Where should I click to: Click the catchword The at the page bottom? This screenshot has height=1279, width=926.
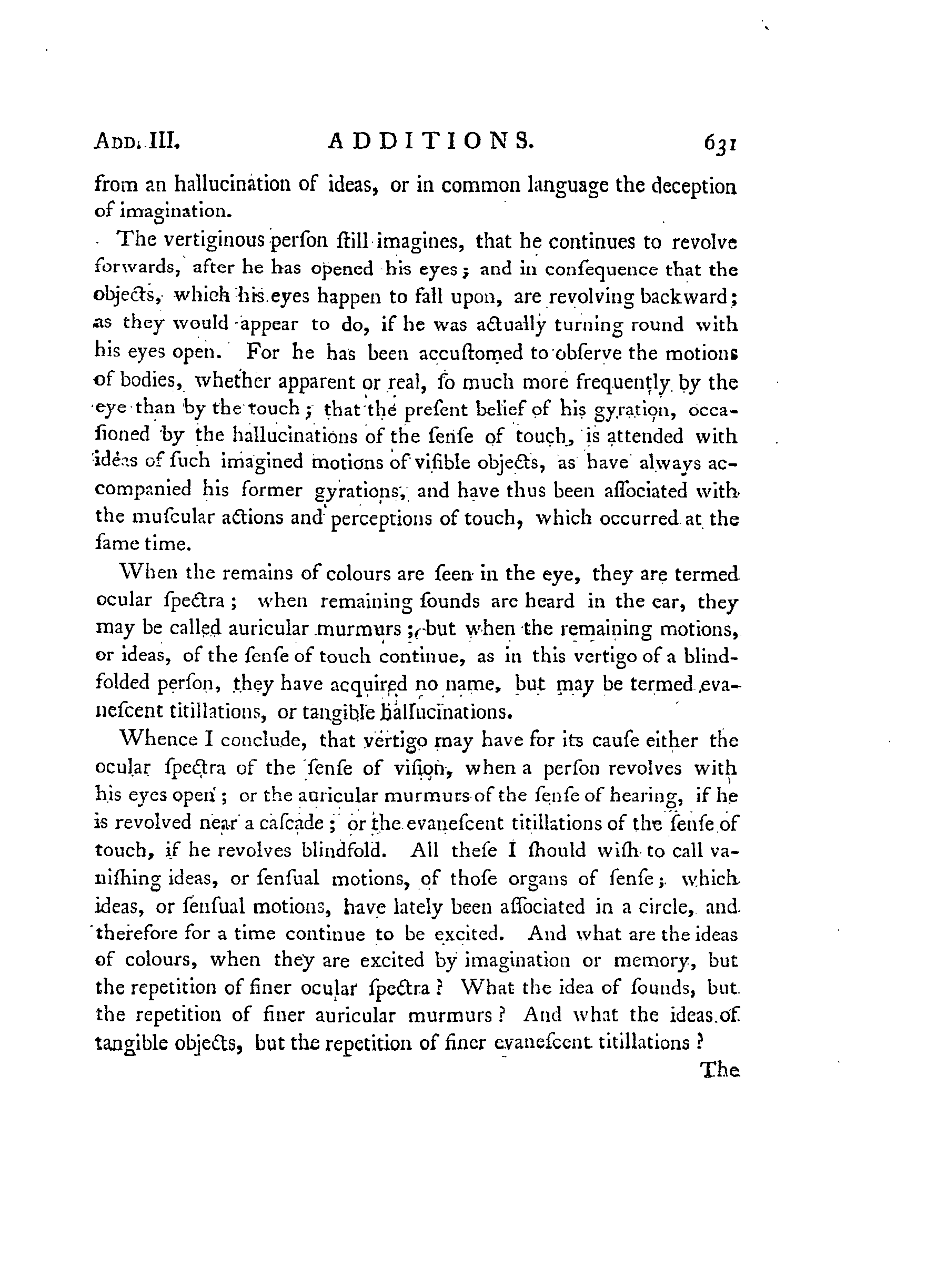pyautogui.click(x=718, y=1070)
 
